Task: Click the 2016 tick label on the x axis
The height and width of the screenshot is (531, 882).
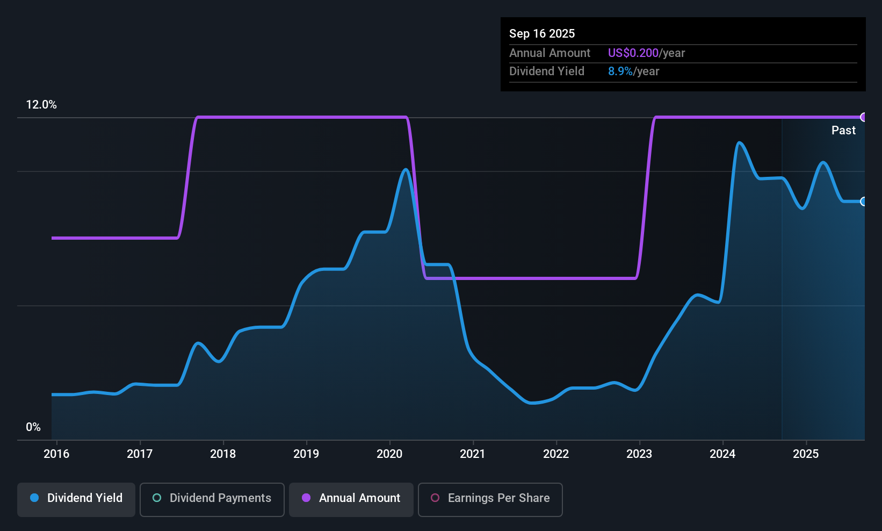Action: click(56, 454)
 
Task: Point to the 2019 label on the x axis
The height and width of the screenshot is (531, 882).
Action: click(306, 454)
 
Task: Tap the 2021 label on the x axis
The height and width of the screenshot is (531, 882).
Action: click(473, 454)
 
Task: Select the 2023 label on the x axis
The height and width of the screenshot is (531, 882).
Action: click(639, 454)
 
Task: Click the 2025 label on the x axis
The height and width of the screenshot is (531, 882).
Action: click(806, 454)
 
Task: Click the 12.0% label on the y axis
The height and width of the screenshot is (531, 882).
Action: click(41, 105)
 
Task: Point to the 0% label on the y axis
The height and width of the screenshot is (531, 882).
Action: click(33, 427)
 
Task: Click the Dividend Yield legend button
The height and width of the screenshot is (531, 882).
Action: click(76, 498)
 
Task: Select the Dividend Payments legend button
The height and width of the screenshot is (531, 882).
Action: click(212, 498)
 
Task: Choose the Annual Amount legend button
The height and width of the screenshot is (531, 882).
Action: click(351, 498)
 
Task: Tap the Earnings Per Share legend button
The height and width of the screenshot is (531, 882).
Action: click(490, 498)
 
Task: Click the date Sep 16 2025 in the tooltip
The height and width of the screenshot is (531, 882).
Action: click(541, 33)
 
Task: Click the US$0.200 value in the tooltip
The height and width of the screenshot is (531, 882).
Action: click(633, 53)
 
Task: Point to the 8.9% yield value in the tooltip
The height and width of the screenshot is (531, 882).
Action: click(620, 71)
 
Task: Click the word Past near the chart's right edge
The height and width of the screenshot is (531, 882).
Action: click(843, 130)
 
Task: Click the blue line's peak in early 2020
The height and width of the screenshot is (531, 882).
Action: click(406, 170)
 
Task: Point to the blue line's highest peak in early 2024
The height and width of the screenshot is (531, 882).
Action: click(740, 142)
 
